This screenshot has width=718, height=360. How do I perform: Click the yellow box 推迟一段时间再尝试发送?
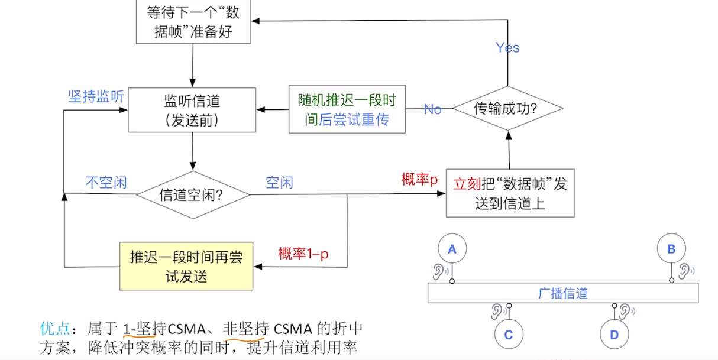coord(186,266)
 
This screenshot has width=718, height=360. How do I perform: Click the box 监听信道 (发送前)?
coord(193,110)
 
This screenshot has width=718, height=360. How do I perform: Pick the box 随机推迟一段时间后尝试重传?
coord(347,109)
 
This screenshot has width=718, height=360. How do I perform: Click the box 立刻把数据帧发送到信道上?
coord(510,193)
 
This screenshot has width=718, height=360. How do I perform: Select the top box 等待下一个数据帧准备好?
coord(193,21)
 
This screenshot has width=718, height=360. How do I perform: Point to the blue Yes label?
coord(507,48)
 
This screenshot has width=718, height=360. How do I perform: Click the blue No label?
coord(433,109)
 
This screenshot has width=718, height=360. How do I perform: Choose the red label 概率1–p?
coord(303,254)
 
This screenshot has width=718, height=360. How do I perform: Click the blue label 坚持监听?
coord(96,97)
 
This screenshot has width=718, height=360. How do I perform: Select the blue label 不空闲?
coord(106,182)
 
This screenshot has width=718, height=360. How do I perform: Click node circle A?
coord(452,249)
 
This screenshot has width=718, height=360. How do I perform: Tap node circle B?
coord(671,249)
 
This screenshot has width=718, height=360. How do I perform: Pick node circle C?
coord(509,335)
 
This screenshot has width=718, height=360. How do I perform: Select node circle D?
coord(614,335)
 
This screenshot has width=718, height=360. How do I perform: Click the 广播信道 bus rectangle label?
coord(562,293)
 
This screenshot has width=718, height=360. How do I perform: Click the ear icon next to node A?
coord(438,271)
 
